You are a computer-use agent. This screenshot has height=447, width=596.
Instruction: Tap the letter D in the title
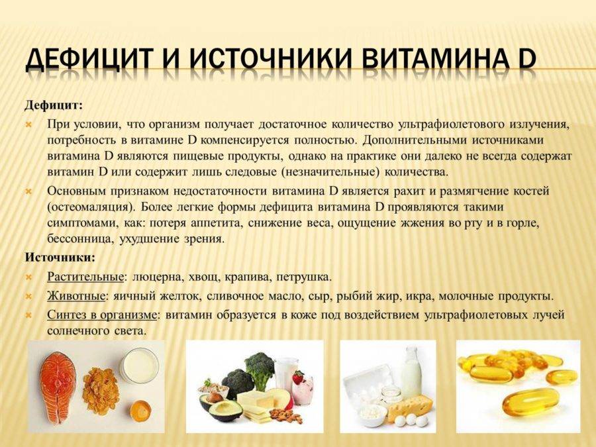click(x=523, y=60)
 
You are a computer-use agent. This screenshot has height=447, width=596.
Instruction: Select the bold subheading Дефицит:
click(x=53, y=105)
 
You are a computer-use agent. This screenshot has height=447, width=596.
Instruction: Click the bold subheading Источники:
click(x=60, y=258)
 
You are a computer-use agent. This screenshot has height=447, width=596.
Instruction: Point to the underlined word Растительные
click(x=85, y=277)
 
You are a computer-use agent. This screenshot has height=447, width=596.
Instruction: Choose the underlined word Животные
click(x=76, y=296)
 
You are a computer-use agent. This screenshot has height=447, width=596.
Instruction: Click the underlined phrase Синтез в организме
click(x=102, y=315)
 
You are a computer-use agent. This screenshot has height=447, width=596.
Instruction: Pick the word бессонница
click(x=81, y=238)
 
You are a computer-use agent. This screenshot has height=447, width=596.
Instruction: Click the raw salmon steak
click(x=58, y=387)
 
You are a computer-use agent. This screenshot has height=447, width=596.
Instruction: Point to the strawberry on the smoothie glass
click(x=299, y=377)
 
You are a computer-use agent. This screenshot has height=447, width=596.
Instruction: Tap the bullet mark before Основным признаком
click(x=29, y=192)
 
